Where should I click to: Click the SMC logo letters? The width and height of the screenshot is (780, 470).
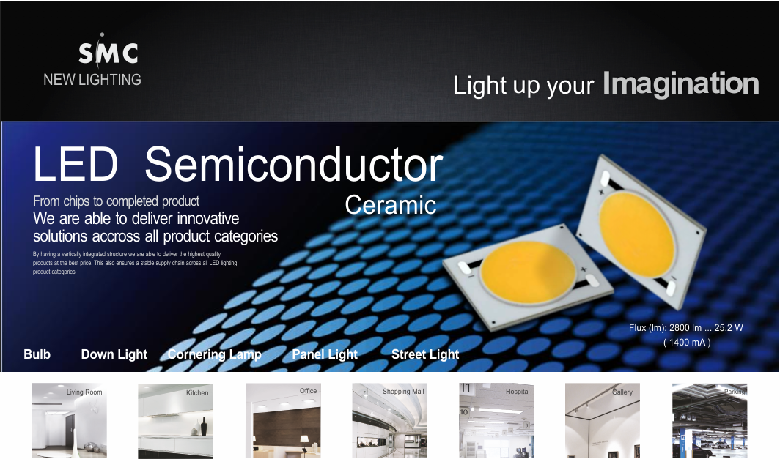tap(108, 51)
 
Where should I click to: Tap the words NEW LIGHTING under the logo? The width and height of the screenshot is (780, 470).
tap(92, 80)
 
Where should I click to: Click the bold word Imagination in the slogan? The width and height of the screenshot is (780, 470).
tap(680, 83)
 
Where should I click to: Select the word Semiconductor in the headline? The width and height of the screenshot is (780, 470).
tap(293, 165)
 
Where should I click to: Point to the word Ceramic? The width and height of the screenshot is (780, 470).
tap(391, 205)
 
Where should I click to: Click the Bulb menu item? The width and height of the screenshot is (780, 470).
tap(37, 354)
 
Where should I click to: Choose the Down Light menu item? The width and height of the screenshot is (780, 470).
tap(114, 354)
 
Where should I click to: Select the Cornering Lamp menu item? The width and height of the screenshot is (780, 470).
tap(214, 354)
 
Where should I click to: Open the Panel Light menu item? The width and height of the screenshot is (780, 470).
tap(325, 354)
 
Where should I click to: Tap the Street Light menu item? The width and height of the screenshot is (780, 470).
tap(425, 354)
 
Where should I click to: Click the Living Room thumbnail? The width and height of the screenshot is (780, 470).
tap(70, 420)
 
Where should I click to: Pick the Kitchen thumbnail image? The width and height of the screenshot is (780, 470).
tap(176, 421)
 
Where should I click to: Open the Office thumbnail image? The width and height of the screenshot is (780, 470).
tap(283, 420)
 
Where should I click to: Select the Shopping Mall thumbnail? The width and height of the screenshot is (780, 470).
tap(389, 420)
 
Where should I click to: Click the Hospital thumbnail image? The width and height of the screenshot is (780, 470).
tap(496, 420)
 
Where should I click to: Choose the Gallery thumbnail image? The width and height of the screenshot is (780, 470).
tap(603, 420)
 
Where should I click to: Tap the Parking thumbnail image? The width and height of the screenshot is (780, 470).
tap(710, 421)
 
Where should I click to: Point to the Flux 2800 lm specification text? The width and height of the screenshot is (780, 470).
tap(686, 328)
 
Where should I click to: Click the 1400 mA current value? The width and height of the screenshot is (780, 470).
tap(687, 343)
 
